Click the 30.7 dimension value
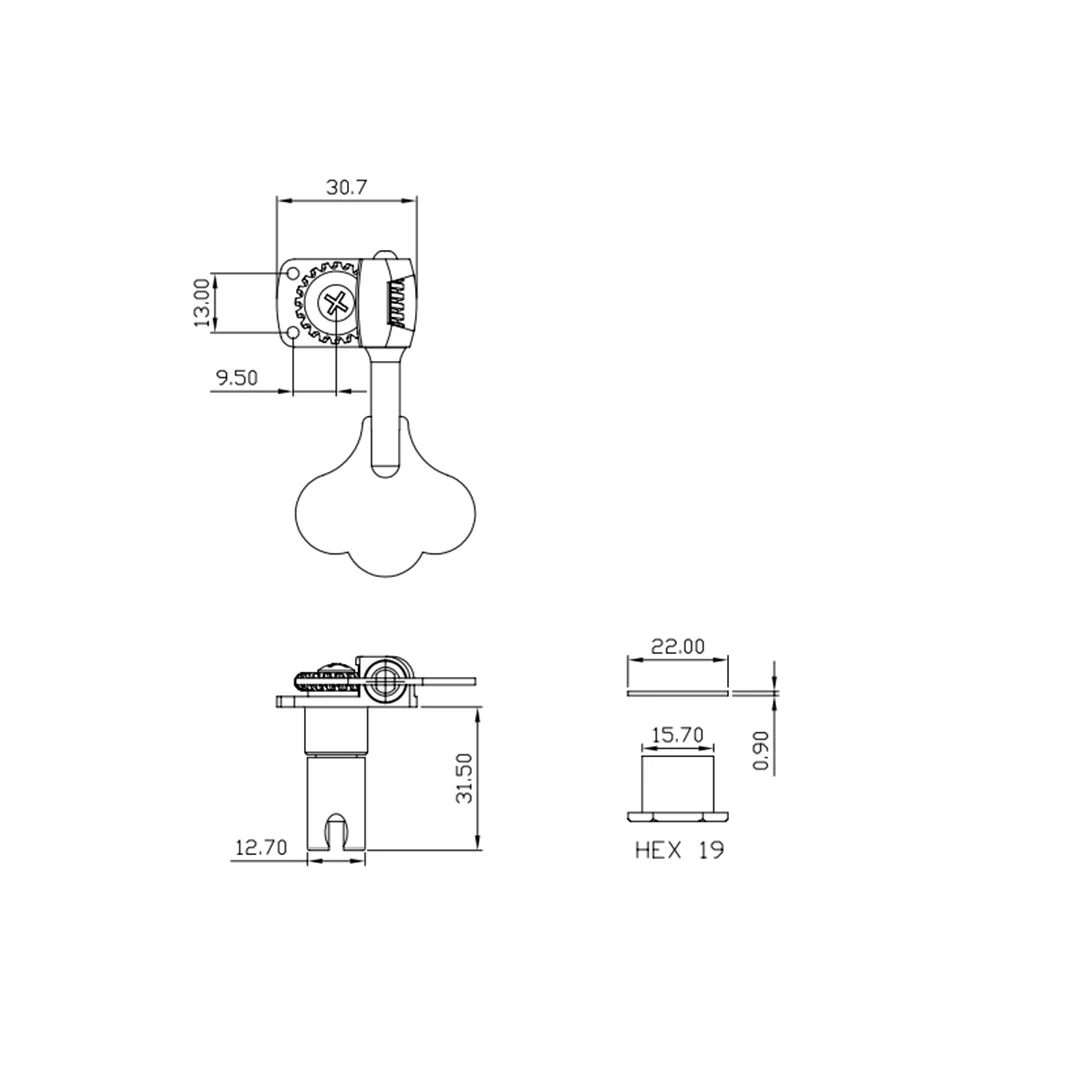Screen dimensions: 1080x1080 [x=346, y=187]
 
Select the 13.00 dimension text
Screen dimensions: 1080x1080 [x=201, y=302]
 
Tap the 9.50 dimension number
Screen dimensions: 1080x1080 [x=237, y=377]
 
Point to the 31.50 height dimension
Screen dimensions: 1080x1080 [x=466, y=778]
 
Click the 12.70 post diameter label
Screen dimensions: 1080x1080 [x=261, y=847]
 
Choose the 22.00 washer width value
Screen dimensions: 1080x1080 [x=678, y=646]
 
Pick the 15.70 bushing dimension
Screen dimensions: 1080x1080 [x=678, y=735]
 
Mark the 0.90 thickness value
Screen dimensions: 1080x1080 [x=760, y=750]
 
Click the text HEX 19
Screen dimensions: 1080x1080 [x=679, y=851]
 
